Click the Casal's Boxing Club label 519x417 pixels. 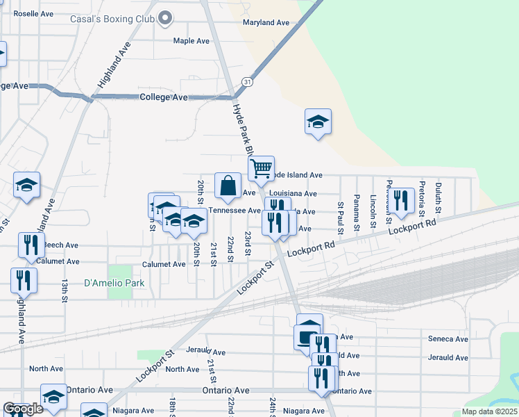pyautogui.click(x=112, y=19)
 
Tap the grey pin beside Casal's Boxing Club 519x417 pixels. pyautogui.click(x=164, y=19)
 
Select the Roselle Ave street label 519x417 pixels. pyautogui.click(x=33, y=13)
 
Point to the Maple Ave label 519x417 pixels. pyautogui.click(x=192, y=41)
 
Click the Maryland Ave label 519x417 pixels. pyautogui.click(x=266, y=23)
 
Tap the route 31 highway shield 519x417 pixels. pyautogui.click(x=248, y=82)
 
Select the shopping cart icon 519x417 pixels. pyautogui.click(x=261, y=167)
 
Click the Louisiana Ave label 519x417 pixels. pyautogui.click(x=293, y=194)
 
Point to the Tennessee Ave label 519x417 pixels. pyautogui.click(x=234, y=211)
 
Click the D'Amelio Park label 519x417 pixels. pyautogui.click(x=114, y=283)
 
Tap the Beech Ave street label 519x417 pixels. pyautogui.click(x=61, y=245)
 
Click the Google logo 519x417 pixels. pyautogui.click(x=23, y=409)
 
